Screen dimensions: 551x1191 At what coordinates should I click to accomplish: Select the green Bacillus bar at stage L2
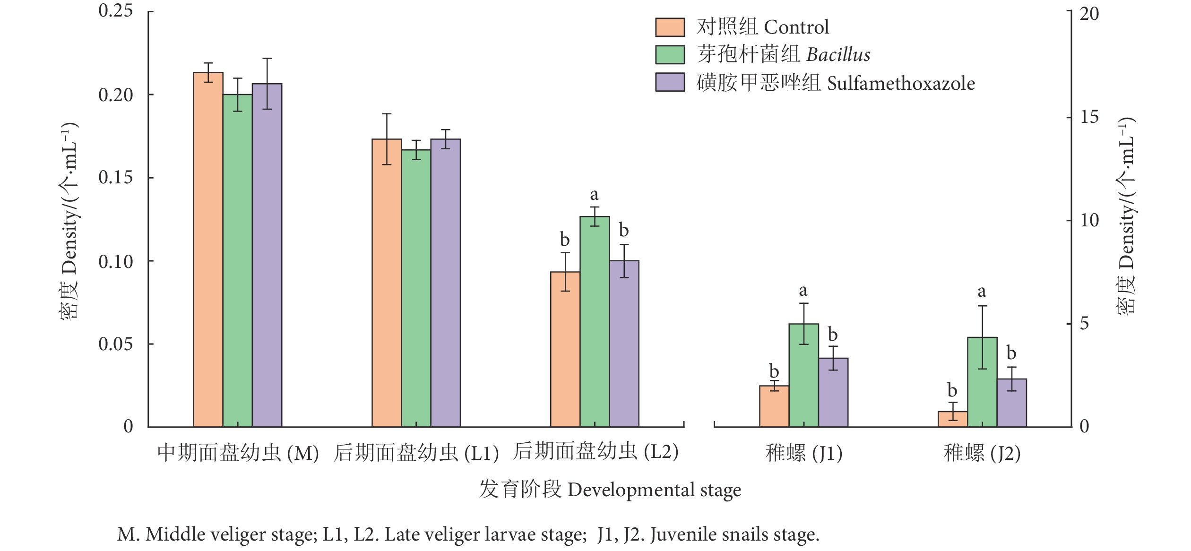(595, 321)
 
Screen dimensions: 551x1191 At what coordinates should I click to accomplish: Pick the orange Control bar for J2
(953, 419)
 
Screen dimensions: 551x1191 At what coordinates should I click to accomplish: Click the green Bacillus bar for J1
(803, 375)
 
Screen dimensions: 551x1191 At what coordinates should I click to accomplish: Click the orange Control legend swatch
(670, 27)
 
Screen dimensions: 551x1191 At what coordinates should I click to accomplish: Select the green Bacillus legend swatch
(670, 54)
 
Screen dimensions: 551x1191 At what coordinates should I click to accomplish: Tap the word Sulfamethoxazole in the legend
(901, 83)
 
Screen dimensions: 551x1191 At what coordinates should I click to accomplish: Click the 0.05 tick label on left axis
(116, 344)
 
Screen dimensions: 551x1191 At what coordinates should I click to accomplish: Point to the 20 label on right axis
(1089, 14)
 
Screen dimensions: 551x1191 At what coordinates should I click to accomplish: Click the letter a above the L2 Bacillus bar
(594, 194)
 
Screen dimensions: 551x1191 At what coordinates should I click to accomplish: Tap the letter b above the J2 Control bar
(952, 390)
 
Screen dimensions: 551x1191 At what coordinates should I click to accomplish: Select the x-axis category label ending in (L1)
(416, 453)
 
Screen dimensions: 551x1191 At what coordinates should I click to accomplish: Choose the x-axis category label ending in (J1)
(803, 453)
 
